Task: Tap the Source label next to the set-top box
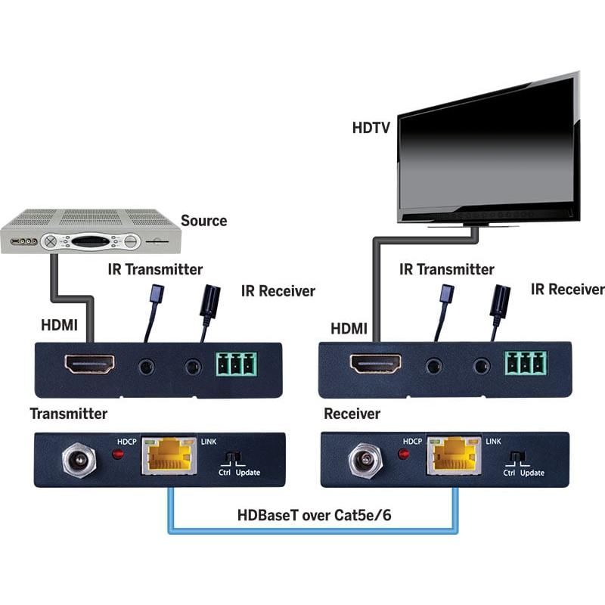203,221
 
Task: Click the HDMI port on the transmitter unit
89,365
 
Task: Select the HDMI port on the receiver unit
375,365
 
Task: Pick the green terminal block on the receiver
525,364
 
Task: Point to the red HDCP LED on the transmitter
117,455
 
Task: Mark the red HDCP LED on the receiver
404,455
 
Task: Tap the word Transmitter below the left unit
68,414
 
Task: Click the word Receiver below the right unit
352,414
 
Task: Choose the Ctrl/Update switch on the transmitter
234,458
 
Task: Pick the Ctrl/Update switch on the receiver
518,458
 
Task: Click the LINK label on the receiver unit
493,440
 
